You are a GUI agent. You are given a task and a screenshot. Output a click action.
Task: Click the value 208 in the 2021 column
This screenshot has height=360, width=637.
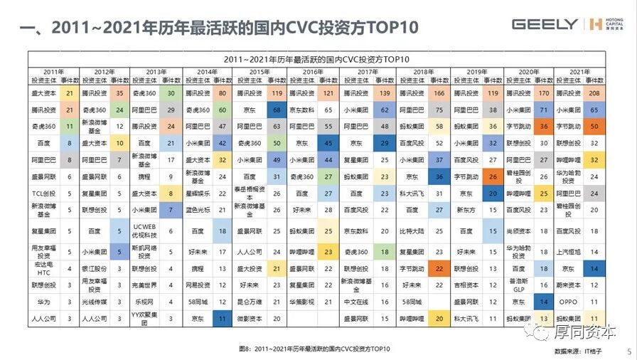tap(594, 92)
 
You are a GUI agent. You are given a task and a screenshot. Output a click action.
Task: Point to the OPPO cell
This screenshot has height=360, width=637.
tap(567, 301)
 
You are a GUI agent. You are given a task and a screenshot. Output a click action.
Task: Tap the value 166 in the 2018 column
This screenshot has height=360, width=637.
tap(439, 92)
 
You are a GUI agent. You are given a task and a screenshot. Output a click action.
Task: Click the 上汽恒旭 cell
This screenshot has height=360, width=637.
tap(567, 251)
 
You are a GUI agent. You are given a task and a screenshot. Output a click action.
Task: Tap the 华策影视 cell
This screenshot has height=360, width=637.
tap(304, 302)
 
